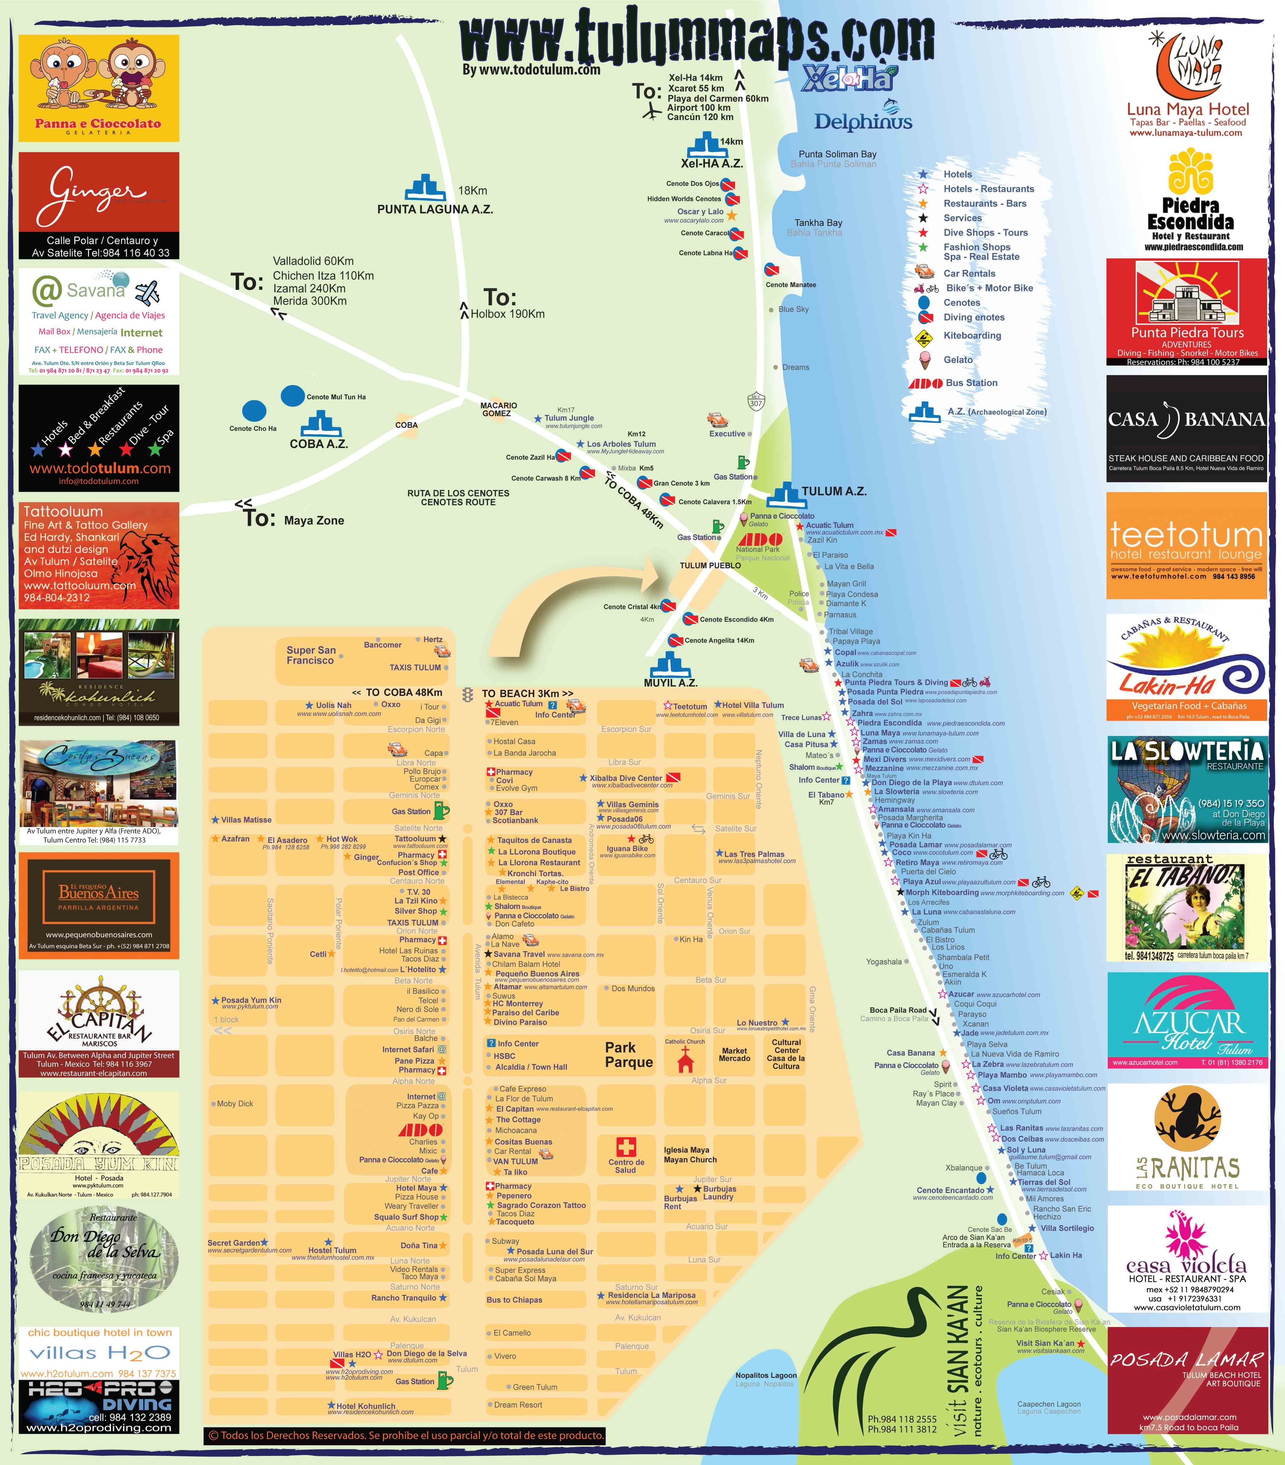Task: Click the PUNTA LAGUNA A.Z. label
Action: [435, 209]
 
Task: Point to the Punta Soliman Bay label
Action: [837, 154]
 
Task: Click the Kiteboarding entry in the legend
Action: [972, 336]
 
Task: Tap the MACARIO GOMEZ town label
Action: [499, 409]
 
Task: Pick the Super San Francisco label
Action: [311, 655]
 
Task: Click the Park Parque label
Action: [629, 1055]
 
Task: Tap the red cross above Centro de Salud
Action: [626, 1147]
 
